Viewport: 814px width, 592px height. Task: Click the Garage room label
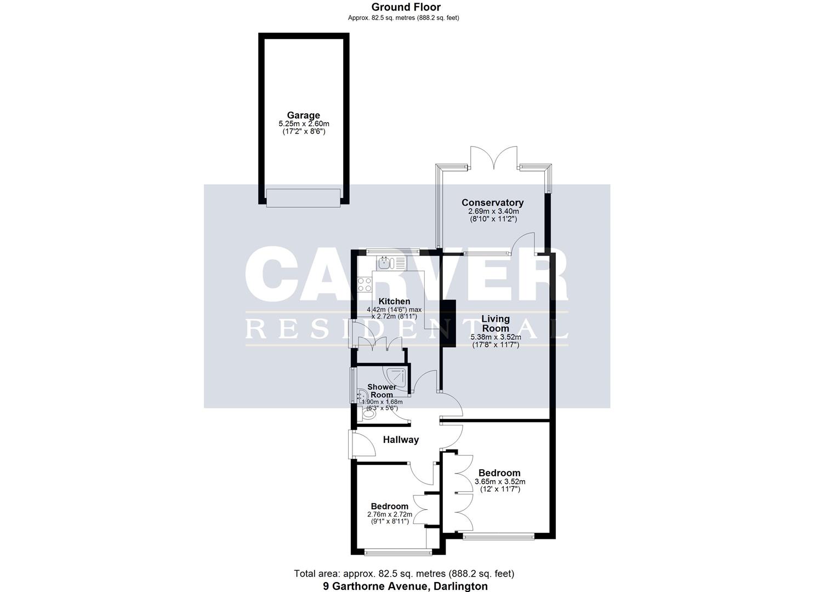[x=303, y=116]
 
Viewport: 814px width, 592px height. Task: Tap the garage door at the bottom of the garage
[x=303, y=198]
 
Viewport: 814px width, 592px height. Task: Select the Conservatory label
[x=492, y=203]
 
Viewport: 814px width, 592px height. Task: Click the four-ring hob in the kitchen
[x=365, y=284]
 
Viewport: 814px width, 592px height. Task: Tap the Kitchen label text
[x=394, y=301]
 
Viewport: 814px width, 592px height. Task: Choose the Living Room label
[x=496, y=323]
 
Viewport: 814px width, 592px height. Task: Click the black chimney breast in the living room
[x=449, y=323]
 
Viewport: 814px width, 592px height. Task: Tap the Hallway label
[x=401, y=440]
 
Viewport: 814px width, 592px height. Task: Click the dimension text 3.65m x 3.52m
[x=499, y=482]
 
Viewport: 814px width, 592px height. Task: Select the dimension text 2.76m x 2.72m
[x=389, y=515]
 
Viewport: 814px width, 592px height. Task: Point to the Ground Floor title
[x=406, y=7]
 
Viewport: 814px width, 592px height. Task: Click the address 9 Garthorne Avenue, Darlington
[x=405, y=586]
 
